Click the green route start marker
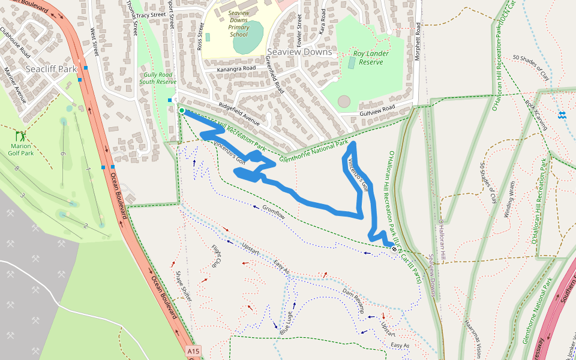click(x=181, y=110)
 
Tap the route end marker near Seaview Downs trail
click(x=393, y=248)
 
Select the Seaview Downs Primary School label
click(x=238, y=24)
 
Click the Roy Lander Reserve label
click(x=371, y=58)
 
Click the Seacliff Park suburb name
click(x=51, y=69)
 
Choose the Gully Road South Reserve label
click(x=158, y=77)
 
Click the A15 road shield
click(x=192, y=351)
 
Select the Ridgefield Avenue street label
click(x=239, y=111)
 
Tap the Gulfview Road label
click(x=377, y=110)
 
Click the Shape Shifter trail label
click(x=184, y=286)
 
